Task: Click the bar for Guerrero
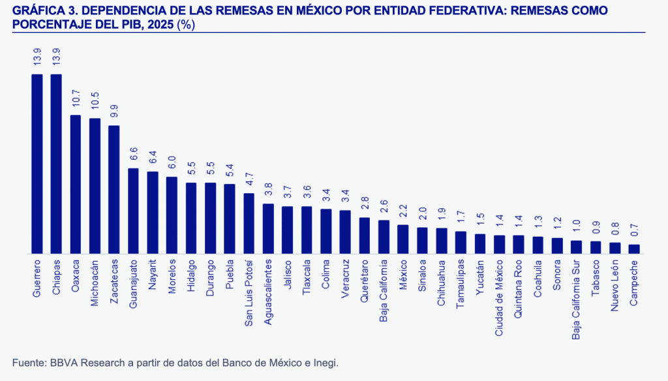37,163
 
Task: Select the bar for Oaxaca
76,184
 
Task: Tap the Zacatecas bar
114,189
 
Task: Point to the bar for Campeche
633,249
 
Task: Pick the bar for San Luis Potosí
249,223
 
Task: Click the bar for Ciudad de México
499,244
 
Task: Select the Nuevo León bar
615,248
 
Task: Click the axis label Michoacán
95,284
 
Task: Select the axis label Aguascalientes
268,292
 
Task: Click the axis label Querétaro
365,281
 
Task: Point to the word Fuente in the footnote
28,362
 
